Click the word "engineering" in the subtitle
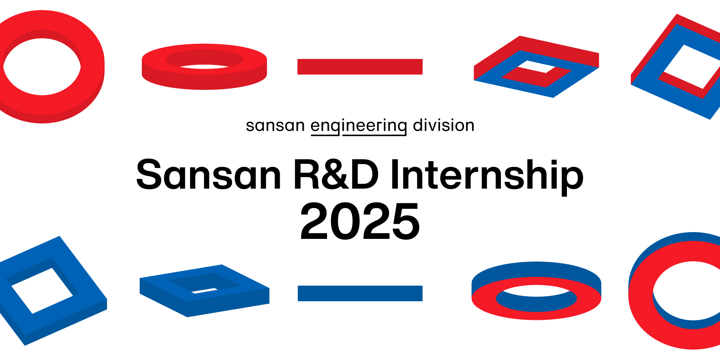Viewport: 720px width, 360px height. [359, 126]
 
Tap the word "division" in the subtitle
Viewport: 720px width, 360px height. [444, 125]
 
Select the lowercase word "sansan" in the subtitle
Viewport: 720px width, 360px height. [275, 126]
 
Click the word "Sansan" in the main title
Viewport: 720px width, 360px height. [208, 175]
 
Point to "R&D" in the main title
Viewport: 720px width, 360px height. [336, 175]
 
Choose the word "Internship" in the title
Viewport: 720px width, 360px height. [487, 176]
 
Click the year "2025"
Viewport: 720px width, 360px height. [360, 221]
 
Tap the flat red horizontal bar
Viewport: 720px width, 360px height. [360, 67]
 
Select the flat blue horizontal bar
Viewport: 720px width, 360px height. [360, 293]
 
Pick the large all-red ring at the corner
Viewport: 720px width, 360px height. [92, 67]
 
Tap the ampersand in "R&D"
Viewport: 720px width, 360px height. [336, 175]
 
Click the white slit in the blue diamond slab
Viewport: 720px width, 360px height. [204, 290]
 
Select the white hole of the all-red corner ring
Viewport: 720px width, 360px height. [42, 67]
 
